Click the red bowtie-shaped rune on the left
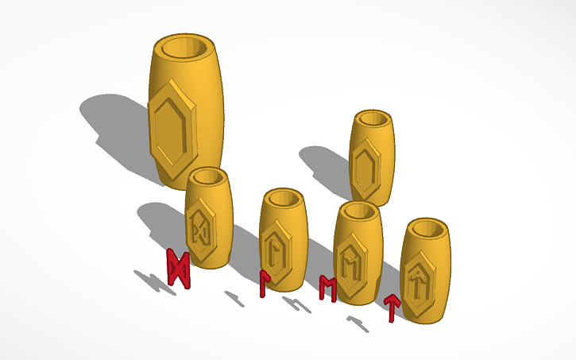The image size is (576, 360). tap(179, 269)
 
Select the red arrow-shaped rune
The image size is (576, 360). tap(391, 308)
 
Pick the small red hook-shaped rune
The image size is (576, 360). tap(264, 283)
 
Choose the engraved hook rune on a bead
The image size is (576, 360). tap(276, 248)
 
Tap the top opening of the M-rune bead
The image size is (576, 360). tap(359, 211)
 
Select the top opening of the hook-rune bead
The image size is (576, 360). tap(284, 198)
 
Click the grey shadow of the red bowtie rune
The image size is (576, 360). tap(152, 281)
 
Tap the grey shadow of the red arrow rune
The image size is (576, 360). tap(357, 322)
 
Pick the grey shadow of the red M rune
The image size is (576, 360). tap(296, 304)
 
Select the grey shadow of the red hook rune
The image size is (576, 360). tap(234, 298)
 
